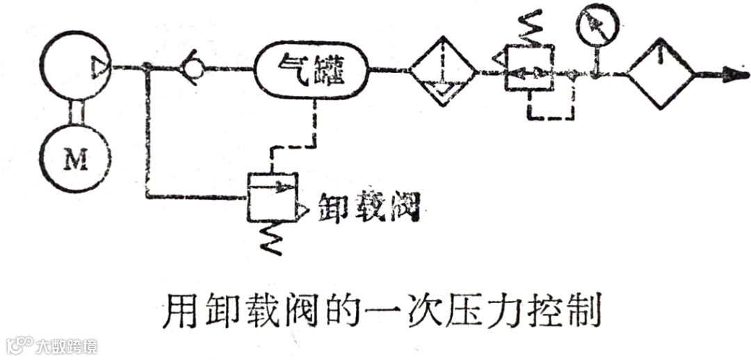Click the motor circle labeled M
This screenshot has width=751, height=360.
click(76, 161)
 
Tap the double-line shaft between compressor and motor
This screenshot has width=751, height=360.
click(76, 113)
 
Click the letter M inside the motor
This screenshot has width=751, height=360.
click(76, 161)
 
